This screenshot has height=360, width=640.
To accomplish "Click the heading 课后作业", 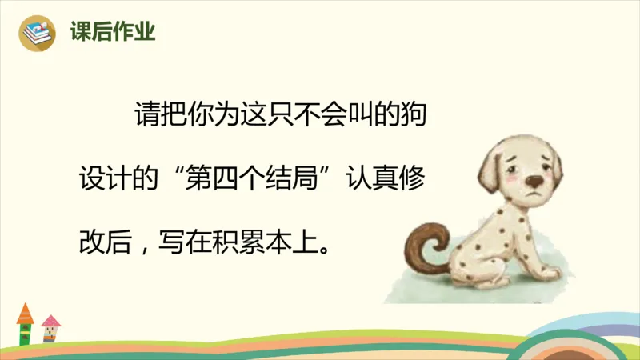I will click(x=112, y=32).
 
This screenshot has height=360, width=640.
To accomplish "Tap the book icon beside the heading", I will click(x=38, y=33).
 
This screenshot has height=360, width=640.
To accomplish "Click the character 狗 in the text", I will click(x=418, y=114).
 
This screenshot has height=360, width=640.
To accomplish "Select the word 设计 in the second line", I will click(x=104, y=175).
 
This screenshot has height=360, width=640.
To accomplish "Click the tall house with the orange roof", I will click(x=25, y=323).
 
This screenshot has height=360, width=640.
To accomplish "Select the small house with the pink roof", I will click(x=50, y=328).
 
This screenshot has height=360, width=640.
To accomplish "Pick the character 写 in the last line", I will click(x=174, y=237).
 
